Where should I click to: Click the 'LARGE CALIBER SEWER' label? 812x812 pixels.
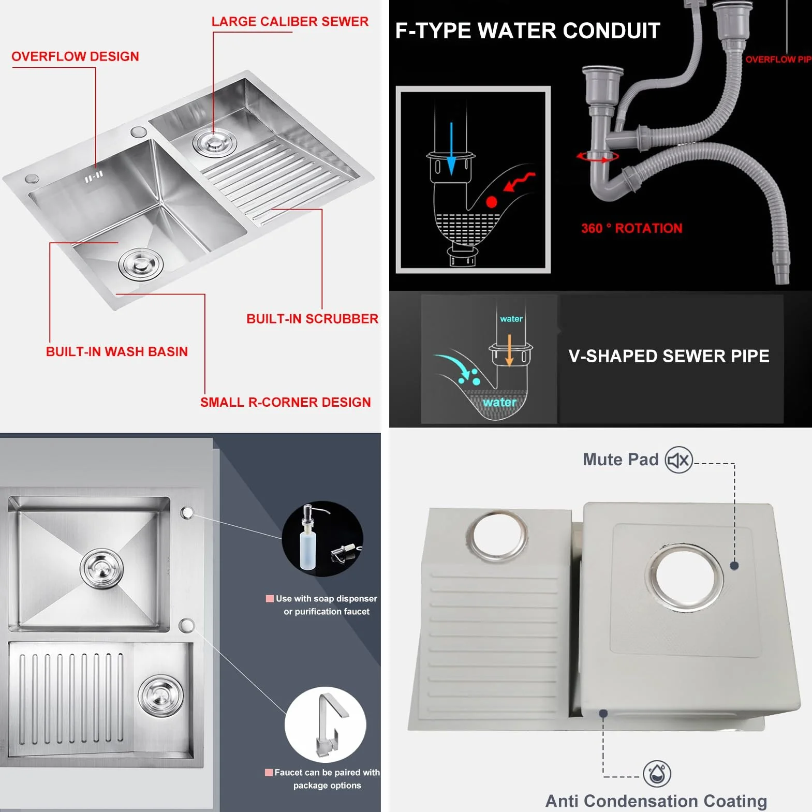pos(290,21)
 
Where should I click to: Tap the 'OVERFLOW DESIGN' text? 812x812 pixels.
pos(75,56)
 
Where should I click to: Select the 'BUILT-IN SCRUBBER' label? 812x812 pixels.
pos(312,319)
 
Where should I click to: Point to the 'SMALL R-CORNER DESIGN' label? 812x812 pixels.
pos(286,402)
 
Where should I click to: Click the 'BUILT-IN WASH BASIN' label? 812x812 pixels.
pos(117,352)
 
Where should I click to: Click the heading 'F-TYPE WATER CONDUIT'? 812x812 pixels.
pos(528,31)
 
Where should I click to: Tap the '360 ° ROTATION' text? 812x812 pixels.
pos(632,228)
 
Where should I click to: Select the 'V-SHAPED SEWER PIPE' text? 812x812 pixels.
pos(669,356)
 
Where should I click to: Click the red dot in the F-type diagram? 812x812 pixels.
pos(491,202)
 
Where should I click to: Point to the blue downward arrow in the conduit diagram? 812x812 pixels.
pos(451,149)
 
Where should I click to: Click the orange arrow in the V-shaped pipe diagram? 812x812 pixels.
pos(509,350)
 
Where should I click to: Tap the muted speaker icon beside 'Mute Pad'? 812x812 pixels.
pos(678,460)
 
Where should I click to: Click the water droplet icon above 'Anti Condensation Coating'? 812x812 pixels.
pos(657,774)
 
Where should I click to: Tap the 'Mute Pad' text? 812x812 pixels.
pos(621,460)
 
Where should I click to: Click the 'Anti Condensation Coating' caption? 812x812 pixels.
pos(656,801)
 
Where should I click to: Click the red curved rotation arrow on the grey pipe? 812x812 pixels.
pos(598,156)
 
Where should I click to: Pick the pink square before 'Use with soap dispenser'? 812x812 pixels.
pos(270,599)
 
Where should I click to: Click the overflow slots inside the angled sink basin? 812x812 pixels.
pos(94,176)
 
